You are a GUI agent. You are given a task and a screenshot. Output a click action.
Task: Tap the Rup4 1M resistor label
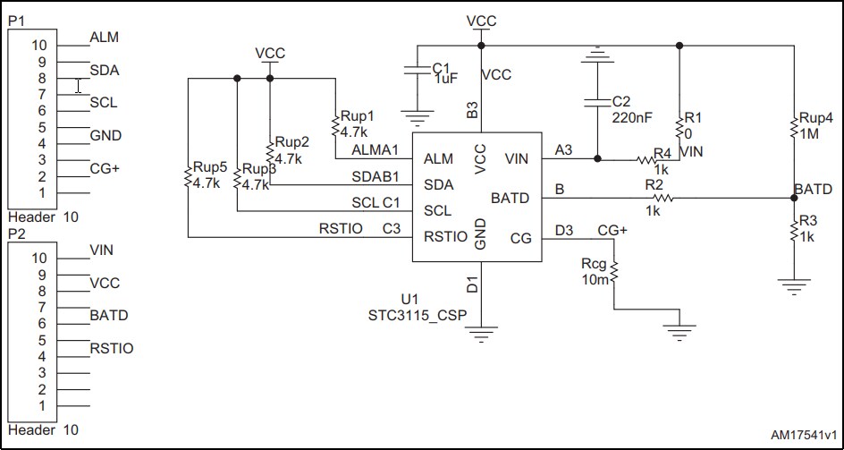click(x=815, y=124)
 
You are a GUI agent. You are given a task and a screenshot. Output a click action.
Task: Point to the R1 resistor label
click(x=694, y=117)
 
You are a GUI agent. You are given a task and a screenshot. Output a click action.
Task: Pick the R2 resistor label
click(x=655, y=184)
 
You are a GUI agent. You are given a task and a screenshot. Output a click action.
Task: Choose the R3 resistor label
click(x=807, y=219)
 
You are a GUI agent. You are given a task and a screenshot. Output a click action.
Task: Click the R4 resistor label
click(x=662, y=153)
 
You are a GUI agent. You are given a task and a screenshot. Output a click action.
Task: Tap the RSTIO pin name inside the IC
click(x=445, y=237)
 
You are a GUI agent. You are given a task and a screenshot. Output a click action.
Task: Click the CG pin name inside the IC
click(x=520, y=237)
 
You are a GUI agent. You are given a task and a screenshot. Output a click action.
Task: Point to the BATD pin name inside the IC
click(x=510, y=197)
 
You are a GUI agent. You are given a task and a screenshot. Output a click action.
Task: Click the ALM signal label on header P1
click(x=104, y=38)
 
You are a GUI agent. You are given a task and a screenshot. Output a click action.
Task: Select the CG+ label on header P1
click(x=104, y=168)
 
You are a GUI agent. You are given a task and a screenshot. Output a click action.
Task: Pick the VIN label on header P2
click(x=102, y=250)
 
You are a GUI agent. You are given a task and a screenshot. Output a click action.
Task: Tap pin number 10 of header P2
click(x=38, y=258)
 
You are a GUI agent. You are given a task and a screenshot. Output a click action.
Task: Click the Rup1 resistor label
click(x=356, y=116)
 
